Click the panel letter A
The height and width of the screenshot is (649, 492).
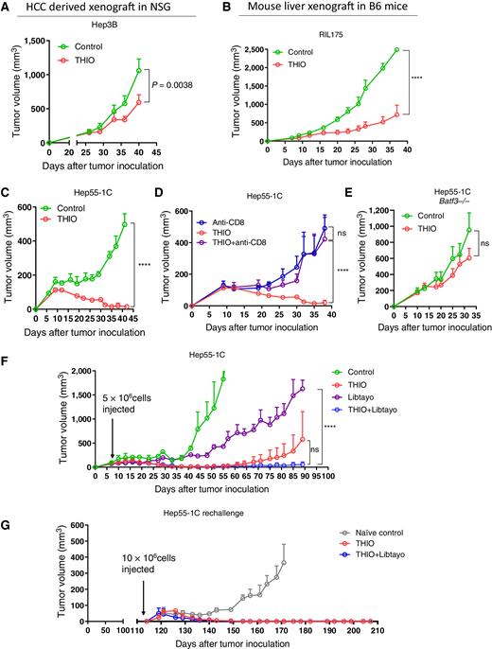(x=8, y=9)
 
